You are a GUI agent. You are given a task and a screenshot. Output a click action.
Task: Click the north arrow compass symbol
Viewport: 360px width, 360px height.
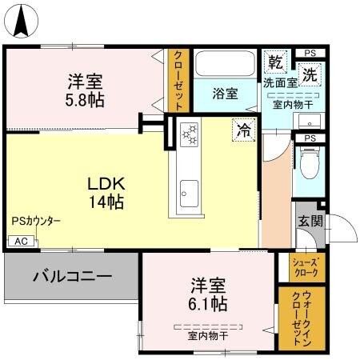tap(22, 19)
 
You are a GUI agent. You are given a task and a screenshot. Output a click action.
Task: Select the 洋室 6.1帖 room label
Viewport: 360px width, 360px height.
tap(208, 294)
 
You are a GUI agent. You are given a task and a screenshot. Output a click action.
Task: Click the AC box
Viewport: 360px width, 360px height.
tap(21, 241)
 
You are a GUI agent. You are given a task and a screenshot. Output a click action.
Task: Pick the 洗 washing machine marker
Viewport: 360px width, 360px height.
tap(309, 70)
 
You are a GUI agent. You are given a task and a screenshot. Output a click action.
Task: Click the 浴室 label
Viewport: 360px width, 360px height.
tap(225, 94)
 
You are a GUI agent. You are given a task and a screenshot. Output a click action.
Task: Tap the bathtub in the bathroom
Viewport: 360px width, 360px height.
tap(226, 65)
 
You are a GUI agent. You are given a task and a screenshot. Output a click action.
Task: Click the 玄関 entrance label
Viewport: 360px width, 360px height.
tap(310, 222)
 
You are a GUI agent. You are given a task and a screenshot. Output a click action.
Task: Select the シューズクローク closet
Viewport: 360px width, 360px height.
tap(305, 267)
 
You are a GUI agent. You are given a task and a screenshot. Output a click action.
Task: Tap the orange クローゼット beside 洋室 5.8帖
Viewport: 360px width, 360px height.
tap(178, 81)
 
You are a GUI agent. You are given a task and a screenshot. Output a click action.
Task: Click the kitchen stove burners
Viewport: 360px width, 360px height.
tap(190, 134)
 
